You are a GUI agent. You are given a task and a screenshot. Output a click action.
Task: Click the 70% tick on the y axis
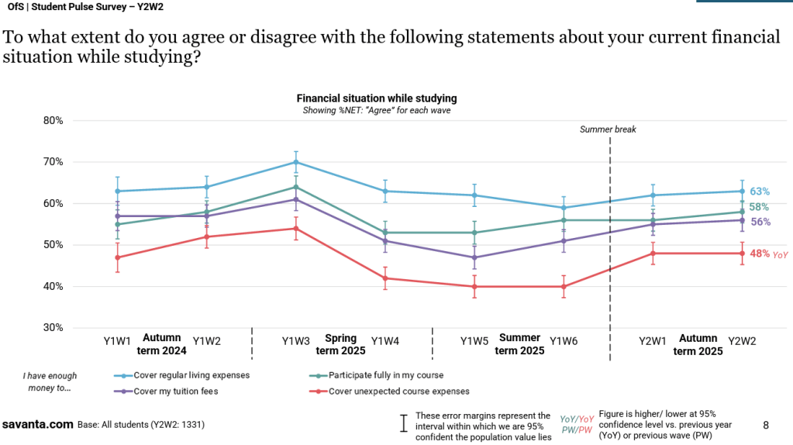53,162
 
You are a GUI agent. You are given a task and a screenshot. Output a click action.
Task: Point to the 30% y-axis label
53,328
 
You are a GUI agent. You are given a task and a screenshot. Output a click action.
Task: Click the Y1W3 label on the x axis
295,341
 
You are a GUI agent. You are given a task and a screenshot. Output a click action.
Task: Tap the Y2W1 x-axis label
653,341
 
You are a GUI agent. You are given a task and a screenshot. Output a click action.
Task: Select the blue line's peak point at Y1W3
295,162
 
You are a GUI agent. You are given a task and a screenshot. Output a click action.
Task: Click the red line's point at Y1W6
564,287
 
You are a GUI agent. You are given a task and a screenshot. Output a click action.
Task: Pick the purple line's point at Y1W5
474,257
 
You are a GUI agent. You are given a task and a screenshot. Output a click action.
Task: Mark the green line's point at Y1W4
385,233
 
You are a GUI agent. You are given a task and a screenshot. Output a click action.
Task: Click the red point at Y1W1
117,257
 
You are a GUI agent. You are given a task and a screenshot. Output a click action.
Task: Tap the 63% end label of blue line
760,191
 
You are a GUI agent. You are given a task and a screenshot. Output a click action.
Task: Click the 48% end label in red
760,253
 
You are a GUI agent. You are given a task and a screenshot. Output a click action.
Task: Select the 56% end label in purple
760,222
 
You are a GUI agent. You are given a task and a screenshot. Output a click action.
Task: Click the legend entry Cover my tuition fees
176,392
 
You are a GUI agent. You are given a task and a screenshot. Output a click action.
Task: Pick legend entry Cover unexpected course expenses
398,392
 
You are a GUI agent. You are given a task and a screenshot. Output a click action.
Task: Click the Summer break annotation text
608,129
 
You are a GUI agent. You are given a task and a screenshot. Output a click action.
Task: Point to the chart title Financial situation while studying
377,98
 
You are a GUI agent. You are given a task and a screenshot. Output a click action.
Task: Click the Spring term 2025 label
341,344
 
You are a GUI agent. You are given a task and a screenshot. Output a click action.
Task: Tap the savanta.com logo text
37,425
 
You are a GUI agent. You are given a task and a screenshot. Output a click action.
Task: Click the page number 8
766,425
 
